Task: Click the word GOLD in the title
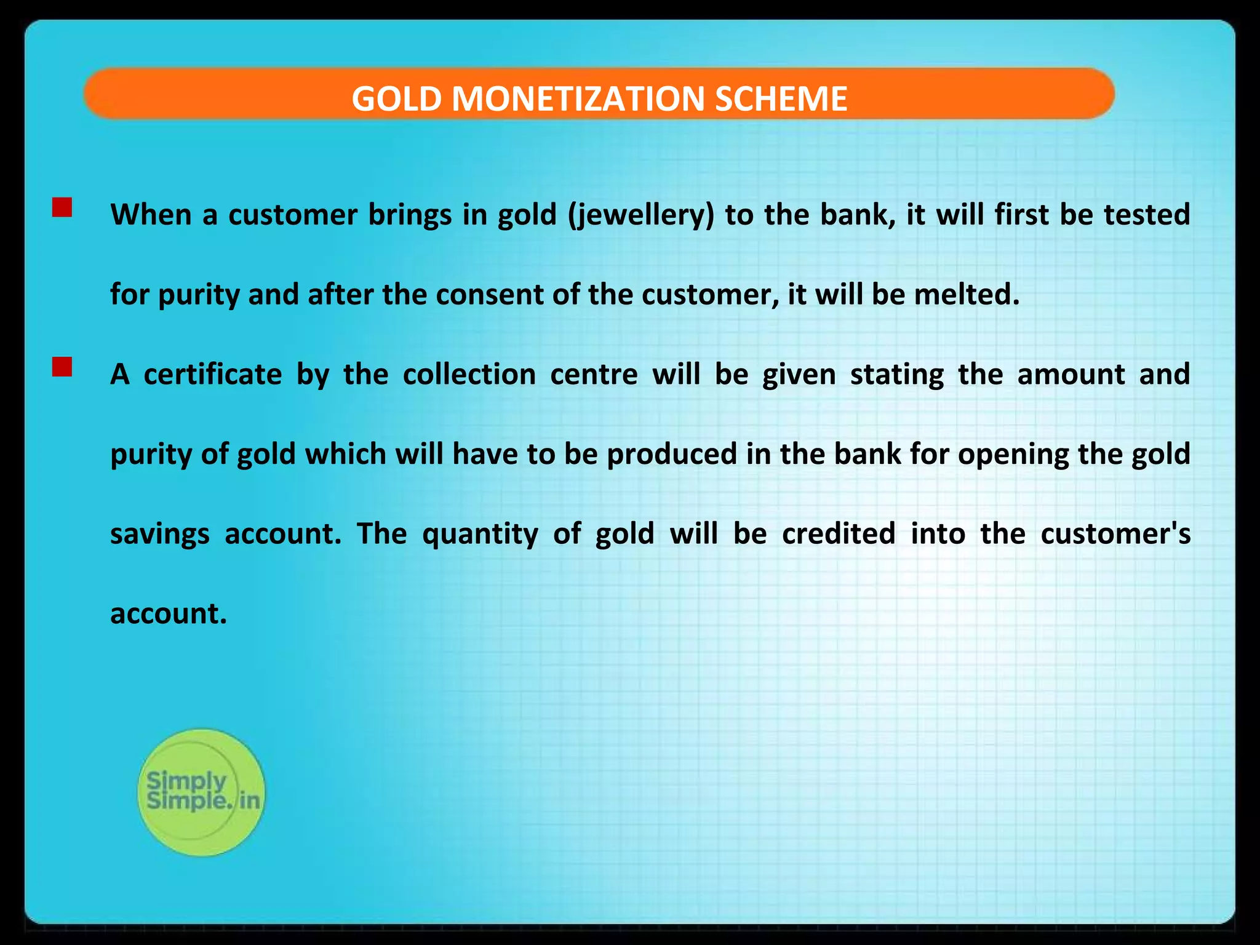pyautogui.click(x=397, y=98)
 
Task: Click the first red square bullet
pyautogui.click(x=62, y=207)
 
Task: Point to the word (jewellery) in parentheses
pyautogui.click(x=640, y=215)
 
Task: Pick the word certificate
pyautogui.click(x=212, y=374)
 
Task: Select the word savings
pyautogui.click(x=159, y=534)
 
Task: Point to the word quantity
pyautogui.click(x=480, y=534)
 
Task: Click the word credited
pyautogui.click(x=838, y=533)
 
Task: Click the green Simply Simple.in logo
pyautogui.click(x=201, y=792)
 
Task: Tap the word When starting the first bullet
pyautogui.click(x=151, y=214)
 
